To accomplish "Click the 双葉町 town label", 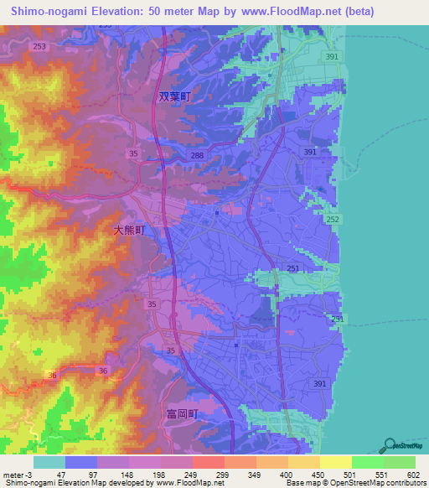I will (175, 96).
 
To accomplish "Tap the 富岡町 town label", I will (180, 413).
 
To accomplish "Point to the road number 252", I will (333, 219).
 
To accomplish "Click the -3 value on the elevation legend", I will (28, 474).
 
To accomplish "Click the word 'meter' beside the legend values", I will (12, 474).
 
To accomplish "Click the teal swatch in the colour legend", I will (49, 462).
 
